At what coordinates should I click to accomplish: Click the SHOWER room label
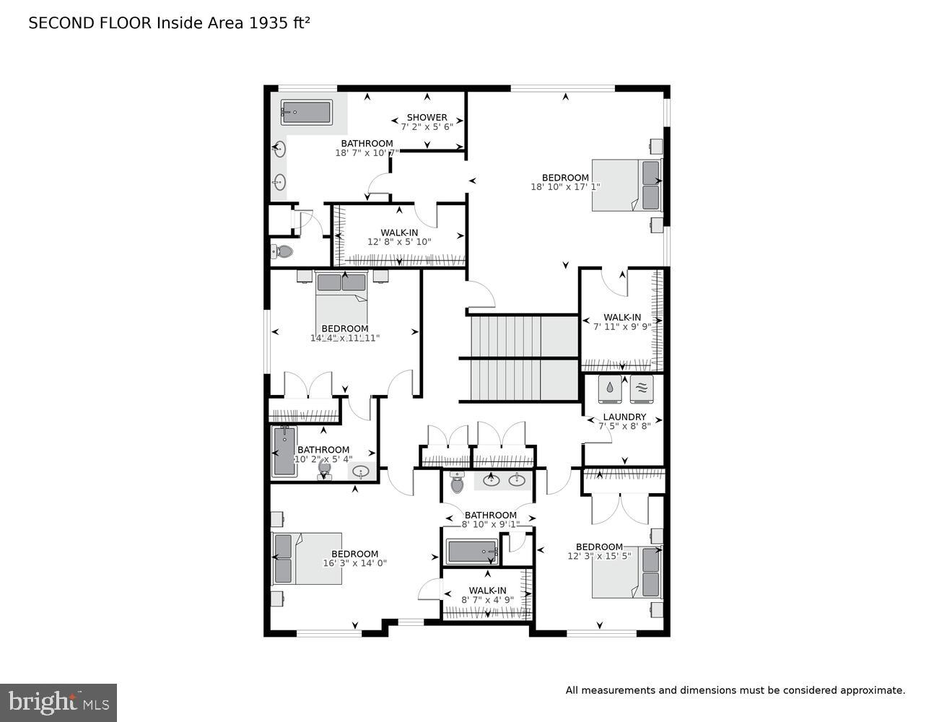point(427,117)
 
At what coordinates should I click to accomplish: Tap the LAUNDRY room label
point(624,417)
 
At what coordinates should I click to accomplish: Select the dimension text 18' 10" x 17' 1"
point(565,187)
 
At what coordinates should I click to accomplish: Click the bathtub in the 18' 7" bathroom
point(307,113)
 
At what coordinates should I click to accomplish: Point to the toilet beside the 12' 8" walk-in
point(282,252)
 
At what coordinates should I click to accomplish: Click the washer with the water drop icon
point(610,389)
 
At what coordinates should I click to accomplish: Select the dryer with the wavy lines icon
point(641,389)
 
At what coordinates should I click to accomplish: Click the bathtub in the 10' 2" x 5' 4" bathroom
point(284,452)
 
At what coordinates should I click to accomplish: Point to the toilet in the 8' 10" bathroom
point(456,483)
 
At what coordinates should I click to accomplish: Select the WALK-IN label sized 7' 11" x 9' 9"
point(621,317)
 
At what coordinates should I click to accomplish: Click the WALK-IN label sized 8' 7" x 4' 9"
point(487,590)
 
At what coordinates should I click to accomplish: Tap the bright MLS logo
point(58,703)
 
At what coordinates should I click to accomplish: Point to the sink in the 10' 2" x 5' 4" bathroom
point(360,472)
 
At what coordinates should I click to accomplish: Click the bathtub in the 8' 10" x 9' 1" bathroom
point(472,552)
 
